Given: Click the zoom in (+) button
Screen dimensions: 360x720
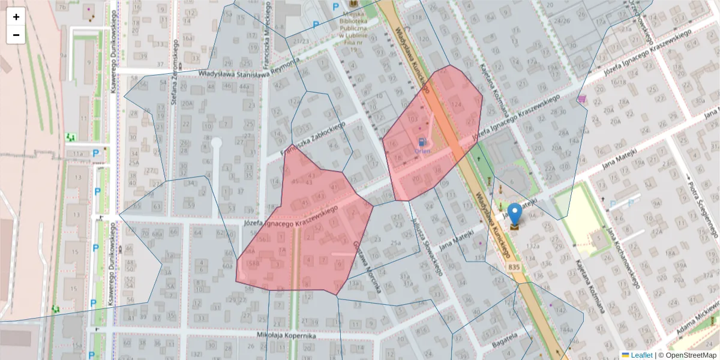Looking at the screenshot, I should coord(16,17).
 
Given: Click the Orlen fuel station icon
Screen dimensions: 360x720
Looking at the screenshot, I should coord(423,143).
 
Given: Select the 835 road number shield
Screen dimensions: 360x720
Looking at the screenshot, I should coord(514,266).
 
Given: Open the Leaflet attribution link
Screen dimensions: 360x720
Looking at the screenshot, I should coord(641,355).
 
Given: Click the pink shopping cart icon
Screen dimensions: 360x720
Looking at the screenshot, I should coord(581,98).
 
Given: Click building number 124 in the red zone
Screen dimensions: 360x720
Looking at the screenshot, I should coord(457,105).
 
